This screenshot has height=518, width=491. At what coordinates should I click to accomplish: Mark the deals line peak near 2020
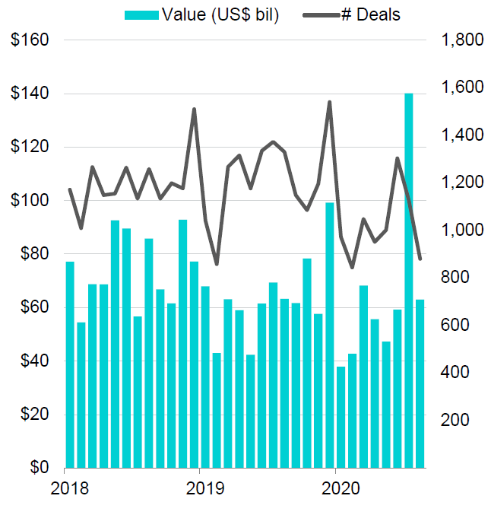329,102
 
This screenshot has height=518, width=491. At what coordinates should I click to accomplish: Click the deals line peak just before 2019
194,109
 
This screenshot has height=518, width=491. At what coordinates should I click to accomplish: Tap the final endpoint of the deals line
420,259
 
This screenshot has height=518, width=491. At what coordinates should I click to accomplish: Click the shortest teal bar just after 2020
341,417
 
